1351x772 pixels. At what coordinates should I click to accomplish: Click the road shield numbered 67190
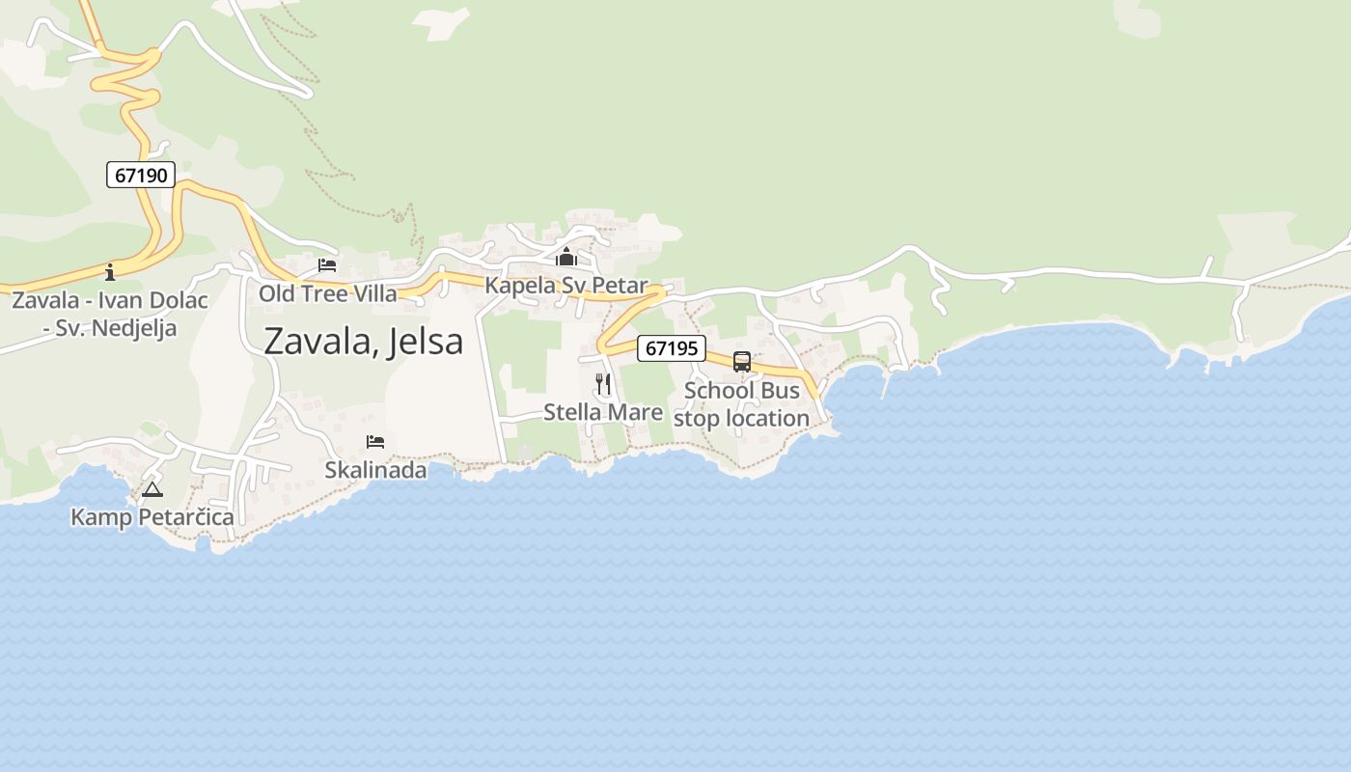141,175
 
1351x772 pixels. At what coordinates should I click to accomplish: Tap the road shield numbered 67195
672,348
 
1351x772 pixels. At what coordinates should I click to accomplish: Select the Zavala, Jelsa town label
363,342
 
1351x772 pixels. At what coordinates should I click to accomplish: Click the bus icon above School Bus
741,362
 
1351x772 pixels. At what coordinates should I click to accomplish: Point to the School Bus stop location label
741,404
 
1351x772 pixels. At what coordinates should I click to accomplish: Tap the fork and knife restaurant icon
603,384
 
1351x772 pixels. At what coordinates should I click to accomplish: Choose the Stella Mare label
603,412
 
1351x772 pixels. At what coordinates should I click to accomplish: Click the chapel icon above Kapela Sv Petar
565,257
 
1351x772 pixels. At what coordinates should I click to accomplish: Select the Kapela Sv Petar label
565,285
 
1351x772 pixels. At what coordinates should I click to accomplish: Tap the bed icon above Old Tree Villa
327,265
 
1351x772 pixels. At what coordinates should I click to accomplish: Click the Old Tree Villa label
327,293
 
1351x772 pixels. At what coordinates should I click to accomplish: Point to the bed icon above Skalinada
375,442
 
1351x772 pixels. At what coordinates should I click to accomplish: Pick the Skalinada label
375,470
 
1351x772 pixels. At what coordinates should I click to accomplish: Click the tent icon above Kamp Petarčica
152,489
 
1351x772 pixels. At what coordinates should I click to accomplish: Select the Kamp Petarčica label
152,517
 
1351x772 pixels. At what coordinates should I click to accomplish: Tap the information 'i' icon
110,271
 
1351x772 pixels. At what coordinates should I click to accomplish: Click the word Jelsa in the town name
424,342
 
